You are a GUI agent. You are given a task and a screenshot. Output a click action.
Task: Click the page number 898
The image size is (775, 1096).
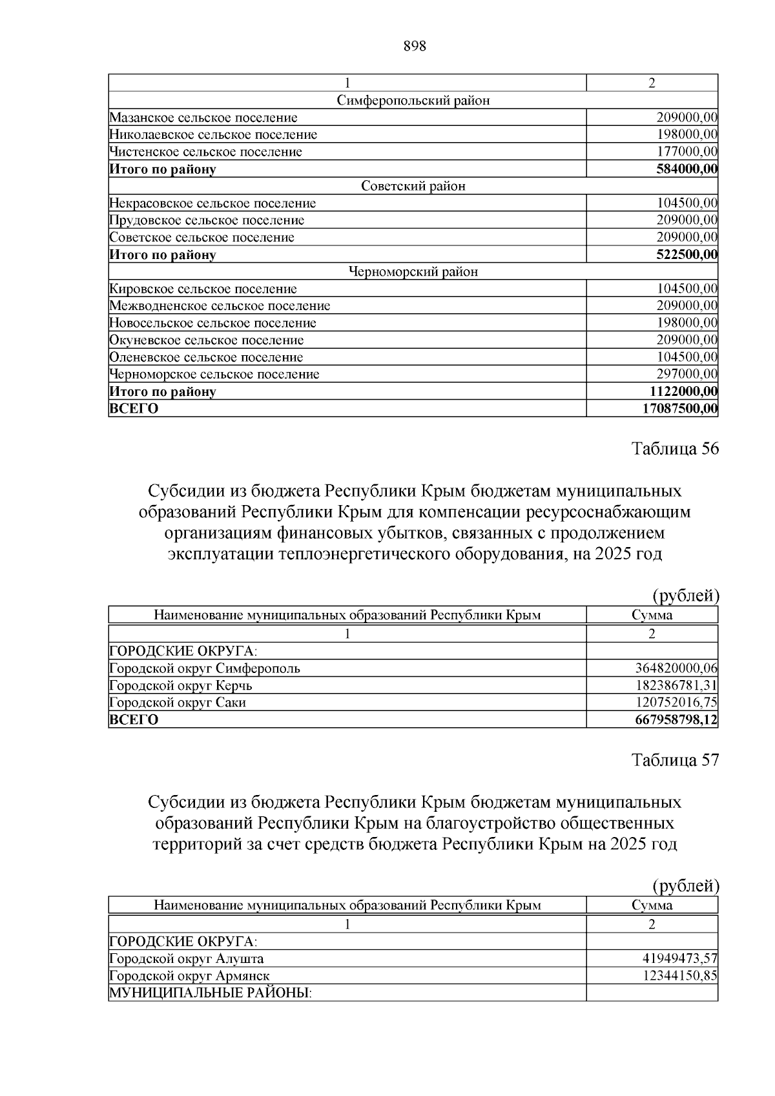click(415, 46)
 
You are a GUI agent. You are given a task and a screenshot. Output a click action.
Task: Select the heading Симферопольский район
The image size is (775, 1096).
click(413, 100)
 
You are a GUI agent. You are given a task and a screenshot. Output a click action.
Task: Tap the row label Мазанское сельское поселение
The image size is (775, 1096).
click(203, 118)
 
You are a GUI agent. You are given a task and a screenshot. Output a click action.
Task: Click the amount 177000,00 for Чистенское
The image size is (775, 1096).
click(687, 152)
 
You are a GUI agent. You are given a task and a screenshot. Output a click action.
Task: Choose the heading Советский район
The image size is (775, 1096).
click(413, 186)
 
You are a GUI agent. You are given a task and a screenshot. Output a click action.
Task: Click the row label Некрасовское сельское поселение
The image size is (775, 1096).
click(212, 203)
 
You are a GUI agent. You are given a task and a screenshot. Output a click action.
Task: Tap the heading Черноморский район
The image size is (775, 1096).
click(413, 272)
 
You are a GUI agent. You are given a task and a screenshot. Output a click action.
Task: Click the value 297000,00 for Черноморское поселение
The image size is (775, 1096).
click(687, 374)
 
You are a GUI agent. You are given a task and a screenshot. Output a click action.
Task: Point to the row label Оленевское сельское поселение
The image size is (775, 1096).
click(206, 357)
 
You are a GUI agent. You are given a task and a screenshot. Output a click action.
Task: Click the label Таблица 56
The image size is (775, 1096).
click(675, 449)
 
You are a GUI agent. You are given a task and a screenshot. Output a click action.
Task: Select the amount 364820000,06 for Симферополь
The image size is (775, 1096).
click(677, 668)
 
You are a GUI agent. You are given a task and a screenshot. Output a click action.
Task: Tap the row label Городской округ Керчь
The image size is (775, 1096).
click(181, 685)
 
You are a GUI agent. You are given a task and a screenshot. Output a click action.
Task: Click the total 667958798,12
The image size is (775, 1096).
click(677, 719)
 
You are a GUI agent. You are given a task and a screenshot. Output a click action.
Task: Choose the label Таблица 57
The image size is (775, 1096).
click(675, 760)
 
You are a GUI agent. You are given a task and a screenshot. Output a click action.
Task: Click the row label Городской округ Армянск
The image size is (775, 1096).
click(190, 976)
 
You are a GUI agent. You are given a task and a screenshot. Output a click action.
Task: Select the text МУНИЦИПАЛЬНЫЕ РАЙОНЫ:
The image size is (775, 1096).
click(211, 993)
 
